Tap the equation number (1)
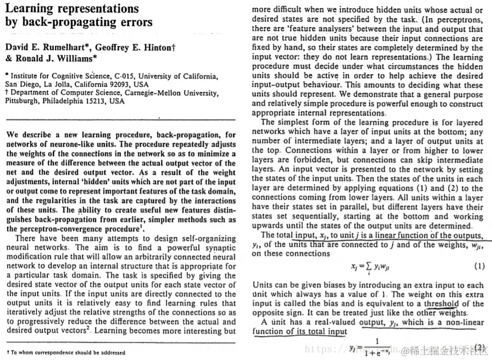(x=478, y=267)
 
